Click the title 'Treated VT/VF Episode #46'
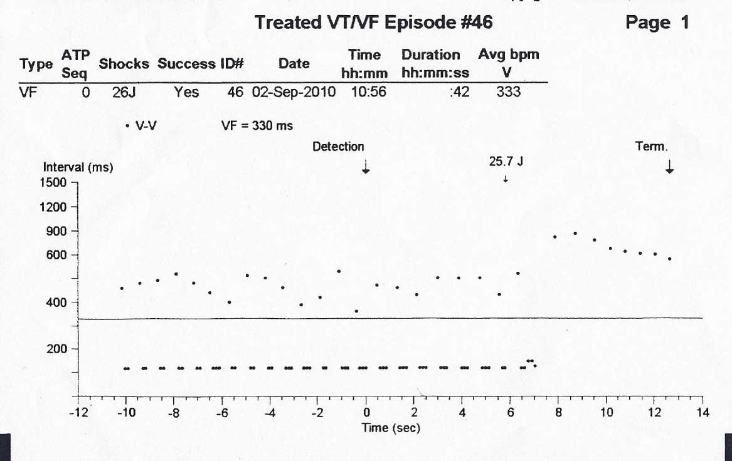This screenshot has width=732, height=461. [x=373, y=23]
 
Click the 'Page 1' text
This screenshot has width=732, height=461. [x=657, y=23]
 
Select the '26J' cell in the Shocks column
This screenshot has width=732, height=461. [x=115, y=93]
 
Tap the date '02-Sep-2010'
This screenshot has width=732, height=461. [x=294, y=93]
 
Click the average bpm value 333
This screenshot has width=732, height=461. [x=508, y=93]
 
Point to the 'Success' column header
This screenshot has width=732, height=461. [x=186, y=64]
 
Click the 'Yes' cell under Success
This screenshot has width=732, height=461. [x=186, y=93]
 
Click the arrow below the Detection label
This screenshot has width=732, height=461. [x=366, y=167]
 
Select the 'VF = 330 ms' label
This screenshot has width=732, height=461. [x=257, y=126]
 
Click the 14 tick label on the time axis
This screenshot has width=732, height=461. [x=703, y=413]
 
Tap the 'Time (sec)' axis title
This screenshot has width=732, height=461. [x=391, y=428]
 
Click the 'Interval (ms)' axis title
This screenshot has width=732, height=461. [x=78, y=168]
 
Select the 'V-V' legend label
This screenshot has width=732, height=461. [x=146, y=126]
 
